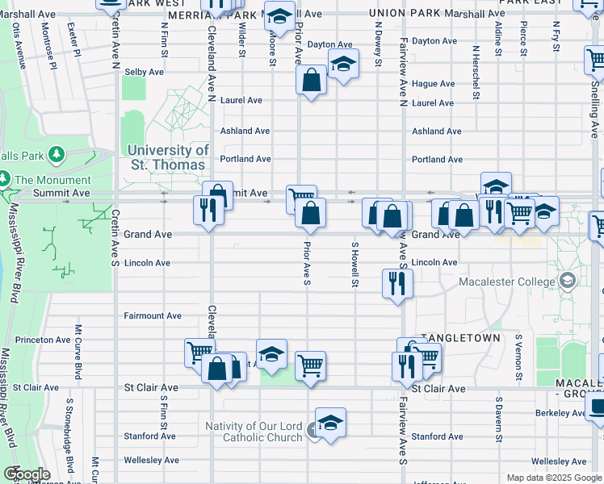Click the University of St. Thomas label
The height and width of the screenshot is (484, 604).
(x=167, y=157)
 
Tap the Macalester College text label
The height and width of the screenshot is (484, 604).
(x=506, y=282)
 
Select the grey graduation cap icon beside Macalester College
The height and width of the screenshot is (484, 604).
(x=567, y=281)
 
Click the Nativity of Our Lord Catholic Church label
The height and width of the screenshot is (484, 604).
(x=253, y=432)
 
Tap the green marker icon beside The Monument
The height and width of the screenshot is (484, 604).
(x=4, y=179)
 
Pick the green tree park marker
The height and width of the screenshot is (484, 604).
(x=57, y=152)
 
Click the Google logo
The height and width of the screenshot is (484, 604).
(x=27, y=474)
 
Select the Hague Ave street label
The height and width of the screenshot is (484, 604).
(x=433, y=84)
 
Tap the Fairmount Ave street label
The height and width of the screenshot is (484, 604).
(x=152, y=316)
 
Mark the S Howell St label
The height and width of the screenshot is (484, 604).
(x=354, y=265)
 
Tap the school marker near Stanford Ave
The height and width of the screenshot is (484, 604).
(x=330, y=421)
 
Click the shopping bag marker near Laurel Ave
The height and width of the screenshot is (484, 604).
(x=311, y=79)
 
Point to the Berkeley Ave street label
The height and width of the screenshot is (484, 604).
(x=559, y=413)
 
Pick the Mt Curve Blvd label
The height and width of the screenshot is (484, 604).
(x=78, y=352)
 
